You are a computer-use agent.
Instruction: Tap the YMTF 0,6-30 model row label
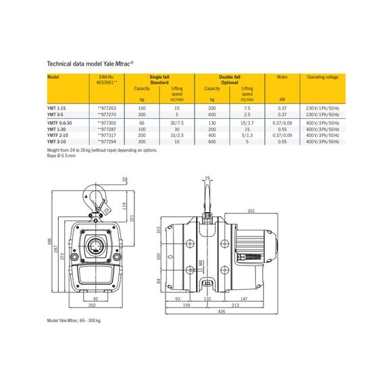click(x=59, y=123)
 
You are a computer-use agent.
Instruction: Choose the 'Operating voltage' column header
click(x=321, y=77)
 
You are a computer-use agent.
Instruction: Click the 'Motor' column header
click(x=282, y=77)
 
